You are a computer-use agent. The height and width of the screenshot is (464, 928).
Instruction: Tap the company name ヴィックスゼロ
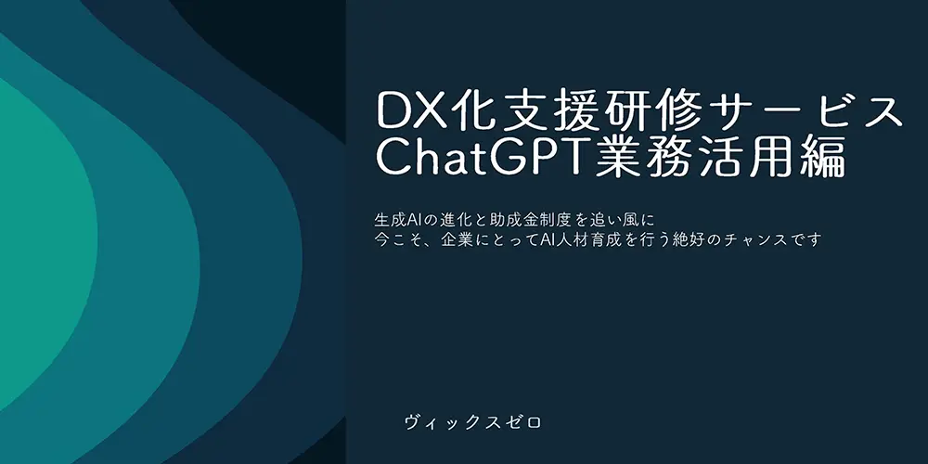point(472,422)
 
